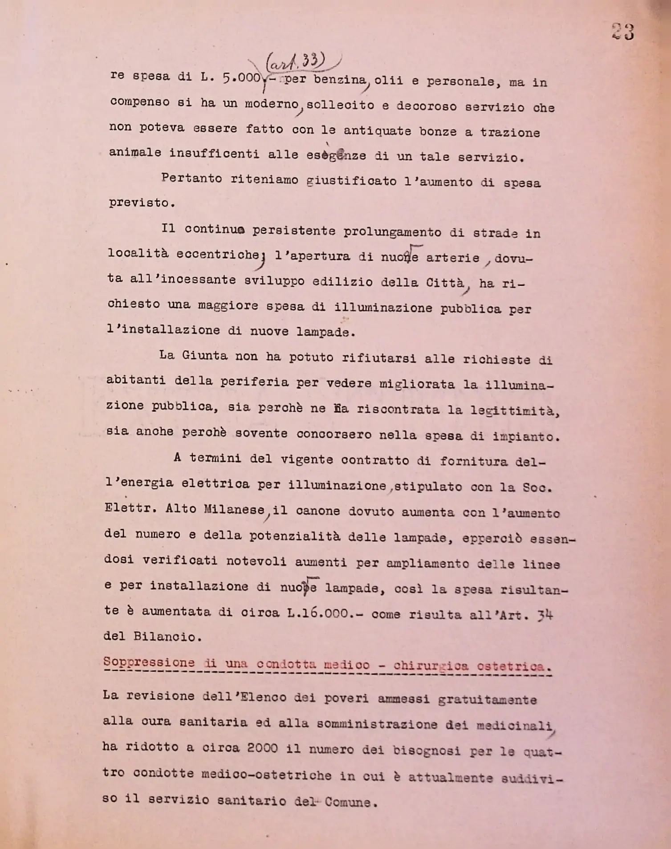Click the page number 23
click(x=623, y=32)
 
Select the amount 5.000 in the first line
click(x=241, y=78)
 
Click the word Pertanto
click(x=191, y=178)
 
